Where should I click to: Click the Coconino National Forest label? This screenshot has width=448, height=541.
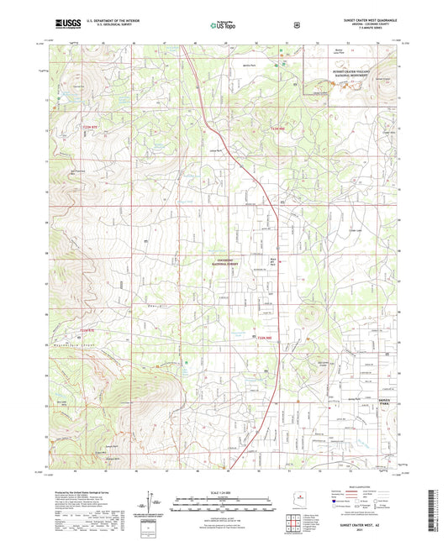[x=223, y=262]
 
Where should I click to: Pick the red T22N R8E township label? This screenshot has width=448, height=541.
[x=266, y=339]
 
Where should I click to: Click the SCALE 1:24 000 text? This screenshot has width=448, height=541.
[x=223, y=490]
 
